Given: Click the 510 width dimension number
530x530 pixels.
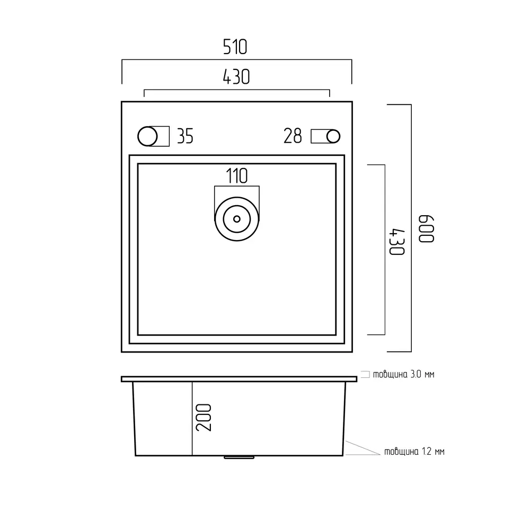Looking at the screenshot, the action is tap(235, 47).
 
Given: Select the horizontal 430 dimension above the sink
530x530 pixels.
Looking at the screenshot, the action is tap(236, 77).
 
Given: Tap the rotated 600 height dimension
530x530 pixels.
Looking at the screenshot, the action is tap(426, 228).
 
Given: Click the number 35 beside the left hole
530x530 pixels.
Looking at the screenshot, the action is tap(185, 137).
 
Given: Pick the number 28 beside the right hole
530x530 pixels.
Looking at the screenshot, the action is tap(293, 136).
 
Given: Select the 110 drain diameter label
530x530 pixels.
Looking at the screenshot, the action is tap(236, 176).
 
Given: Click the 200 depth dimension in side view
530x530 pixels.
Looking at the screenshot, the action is tap(204, 418).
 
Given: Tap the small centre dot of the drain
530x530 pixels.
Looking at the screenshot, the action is tap(236, 219).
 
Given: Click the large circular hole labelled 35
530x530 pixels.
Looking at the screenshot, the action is tap(147, 137).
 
